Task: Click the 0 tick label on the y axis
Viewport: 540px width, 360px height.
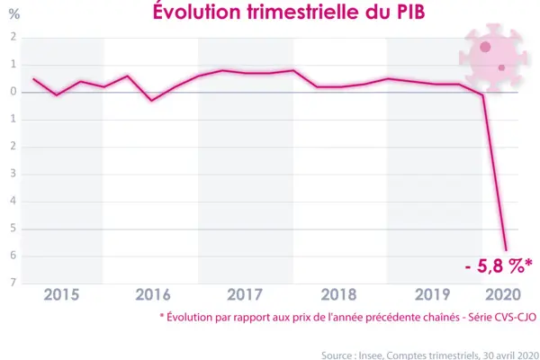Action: pos(13,92)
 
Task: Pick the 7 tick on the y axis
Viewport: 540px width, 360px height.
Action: pos(13,283)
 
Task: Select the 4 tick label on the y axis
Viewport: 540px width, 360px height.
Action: pos(13,202)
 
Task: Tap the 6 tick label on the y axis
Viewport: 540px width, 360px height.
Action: pos(13,256)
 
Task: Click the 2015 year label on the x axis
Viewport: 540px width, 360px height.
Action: pos(61,294)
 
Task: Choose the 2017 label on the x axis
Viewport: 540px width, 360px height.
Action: pos(245,294)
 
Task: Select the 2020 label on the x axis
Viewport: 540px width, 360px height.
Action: pos(502,294)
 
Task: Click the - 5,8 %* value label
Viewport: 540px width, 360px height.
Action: pos(494,267)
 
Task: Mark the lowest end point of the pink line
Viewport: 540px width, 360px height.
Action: pos(506,250)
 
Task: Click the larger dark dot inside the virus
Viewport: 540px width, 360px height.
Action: pos(484,47)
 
